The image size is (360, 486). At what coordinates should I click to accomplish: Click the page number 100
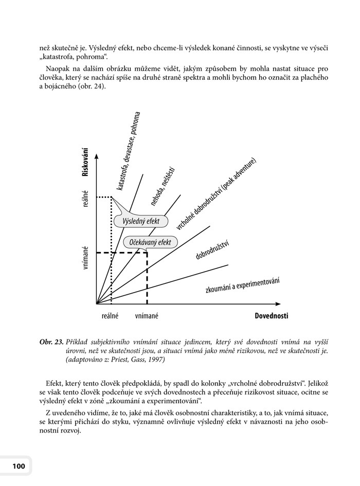pyautogui.click(x=15, y=466)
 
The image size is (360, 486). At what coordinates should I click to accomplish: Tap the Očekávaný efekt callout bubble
pyautogui.click(x=150, y=242)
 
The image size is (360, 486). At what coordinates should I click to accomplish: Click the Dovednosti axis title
pyautogui.click(x=271, y=316)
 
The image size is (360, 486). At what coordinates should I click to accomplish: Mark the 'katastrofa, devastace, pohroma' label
pyautogui.click(x=129, y=151)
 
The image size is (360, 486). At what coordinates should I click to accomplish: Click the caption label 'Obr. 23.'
pyautogui.click(x=51, y=341)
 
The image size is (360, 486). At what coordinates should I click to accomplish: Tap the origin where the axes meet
pyautogui.click(x=97, y=303)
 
